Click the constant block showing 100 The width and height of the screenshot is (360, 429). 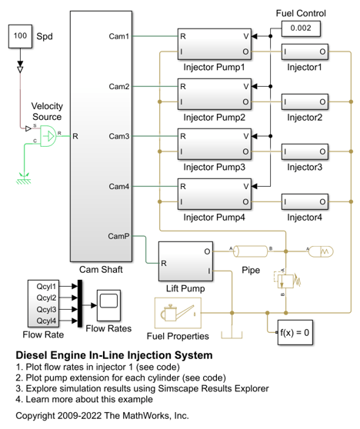(x=20, y=36)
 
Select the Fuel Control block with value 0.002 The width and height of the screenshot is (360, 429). (x=301, y=28)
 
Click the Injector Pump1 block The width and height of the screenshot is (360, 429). (x=215, y=44)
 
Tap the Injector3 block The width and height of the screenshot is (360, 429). (x=305, y=151)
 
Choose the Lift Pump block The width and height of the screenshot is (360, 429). (x=185, y=261)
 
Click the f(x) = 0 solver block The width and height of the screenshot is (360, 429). (x=295, y=332)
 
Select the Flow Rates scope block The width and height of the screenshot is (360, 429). (x=108, y=305)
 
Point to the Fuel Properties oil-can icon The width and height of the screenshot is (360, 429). (x=178, y=313)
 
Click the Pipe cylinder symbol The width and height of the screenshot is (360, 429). (x=251, y=251)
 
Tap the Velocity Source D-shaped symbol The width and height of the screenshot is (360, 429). (x=48, y=136)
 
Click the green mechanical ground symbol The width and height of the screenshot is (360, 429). (x=24, y=178)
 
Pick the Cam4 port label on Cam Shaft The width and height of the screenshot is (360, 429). (x=118, y=186)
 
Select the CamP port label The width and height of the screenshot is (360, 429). (x=118, y=236)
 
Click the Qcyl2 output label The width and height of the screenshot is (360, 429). (x=46, y=298)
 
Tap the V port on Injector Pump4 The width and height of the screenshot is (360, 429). (x=246, y=186)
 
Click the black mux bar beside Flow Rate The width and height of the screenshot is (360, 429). (x=80, y=304)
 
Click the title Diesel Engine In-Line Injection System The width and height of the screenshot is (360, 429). (x=114, y=355)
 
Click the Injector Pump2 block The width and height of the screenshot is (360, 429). (x=215, y=94)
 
